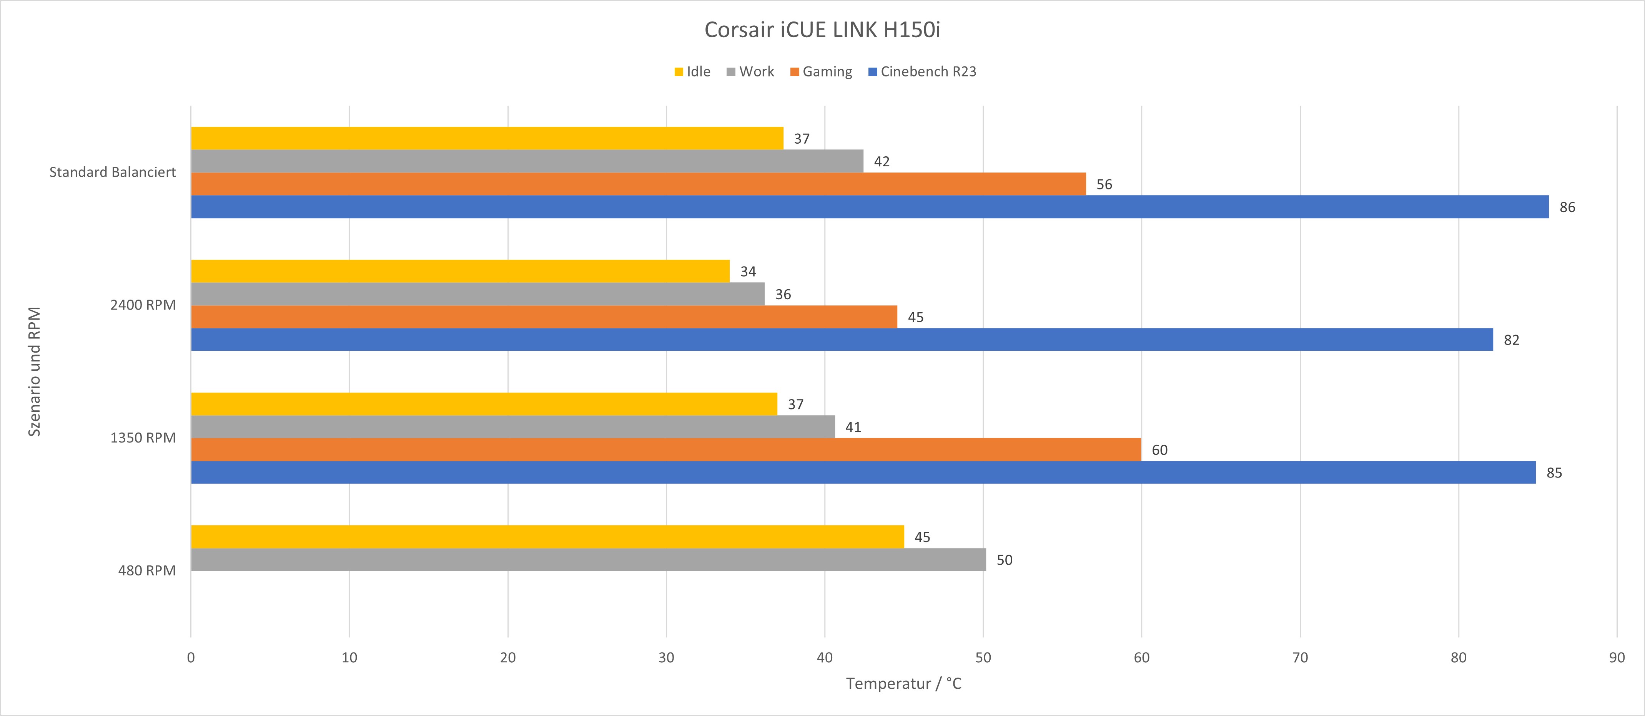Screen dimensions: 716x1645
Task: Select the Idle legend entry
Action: tap(692, 71)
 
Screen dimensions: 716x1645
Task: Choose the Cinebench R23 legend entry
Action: tap(922, 71)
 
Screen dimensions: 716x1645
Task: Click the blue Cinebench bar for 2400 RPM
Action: tap(841, 340)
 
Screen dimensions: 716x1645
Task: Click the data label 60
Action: tap(1159, 450)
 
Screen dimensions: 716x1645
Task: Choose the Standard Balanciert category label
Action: tap(112, 172)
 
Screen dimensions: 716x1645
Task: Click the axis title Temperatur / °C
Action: tap(903, 683)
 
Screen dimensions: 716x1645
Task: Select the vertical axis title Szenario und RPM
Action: tap(35, 371)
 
